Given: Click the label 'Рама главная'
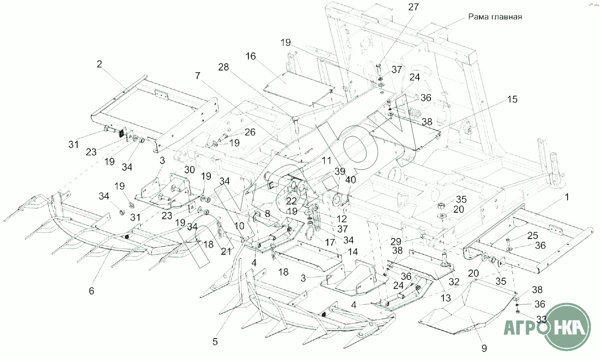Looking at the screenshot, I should [x=494, y=17].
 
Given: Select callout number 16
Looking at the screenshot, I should [x=251, y=57].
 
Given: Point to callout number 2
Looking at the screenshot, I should [x=99, y=64].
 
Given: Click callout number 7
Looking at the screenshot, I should [x=198, y=76].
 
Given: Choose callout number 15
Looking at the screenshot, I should [x=512, y=100].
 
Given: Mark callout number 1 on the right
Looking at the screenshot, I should [x=567, y=198].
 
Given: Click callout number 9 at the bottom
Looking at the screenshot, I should [x=484, y=348].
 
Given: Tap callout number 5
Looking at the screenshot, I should [x=215, y=342].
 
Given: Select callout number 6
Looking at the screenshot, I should [x=91, y=290].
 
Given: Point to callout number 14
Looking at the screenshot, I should [x=353, y=252].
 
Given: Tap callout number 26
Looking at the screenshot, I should [x=249, y=132].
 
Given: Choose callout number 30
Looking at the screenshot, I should [x=189, y=169].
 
